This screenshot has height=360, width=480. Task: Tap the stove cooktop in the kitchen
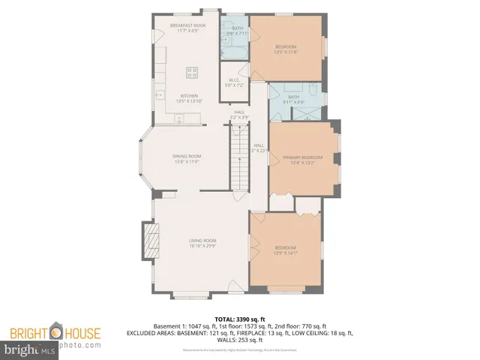point(191,73)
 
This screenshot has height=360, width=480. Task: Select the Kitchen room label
point(187,96)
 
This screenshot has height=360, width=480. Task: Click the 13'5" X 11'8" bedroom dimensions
point(286,52)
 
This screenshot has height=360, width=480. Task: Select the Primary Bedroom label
point(302,157)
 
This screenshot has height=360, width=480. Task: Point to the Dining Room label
point(186,156)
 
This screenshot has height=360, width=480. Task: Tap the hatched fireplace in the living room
point(152,241)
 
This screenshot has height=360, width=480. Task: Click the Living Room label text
point(202,240)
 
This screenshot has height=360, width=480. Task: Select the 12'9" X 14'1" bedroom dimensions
point(286,253)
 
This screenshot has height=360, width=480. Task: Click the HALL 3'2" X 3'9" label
point(239,115)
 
